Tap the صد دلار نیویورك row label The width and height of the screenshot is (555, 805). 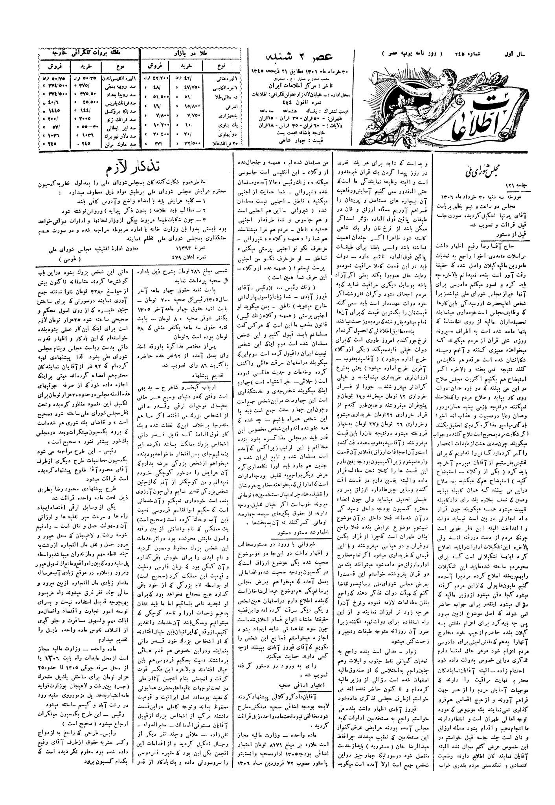tap(114, 136)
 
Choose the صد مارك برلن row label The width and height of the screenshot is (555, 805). tap(114, 144)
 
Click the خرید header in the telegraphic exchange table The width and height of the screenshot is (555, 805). tap(85, 64)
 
